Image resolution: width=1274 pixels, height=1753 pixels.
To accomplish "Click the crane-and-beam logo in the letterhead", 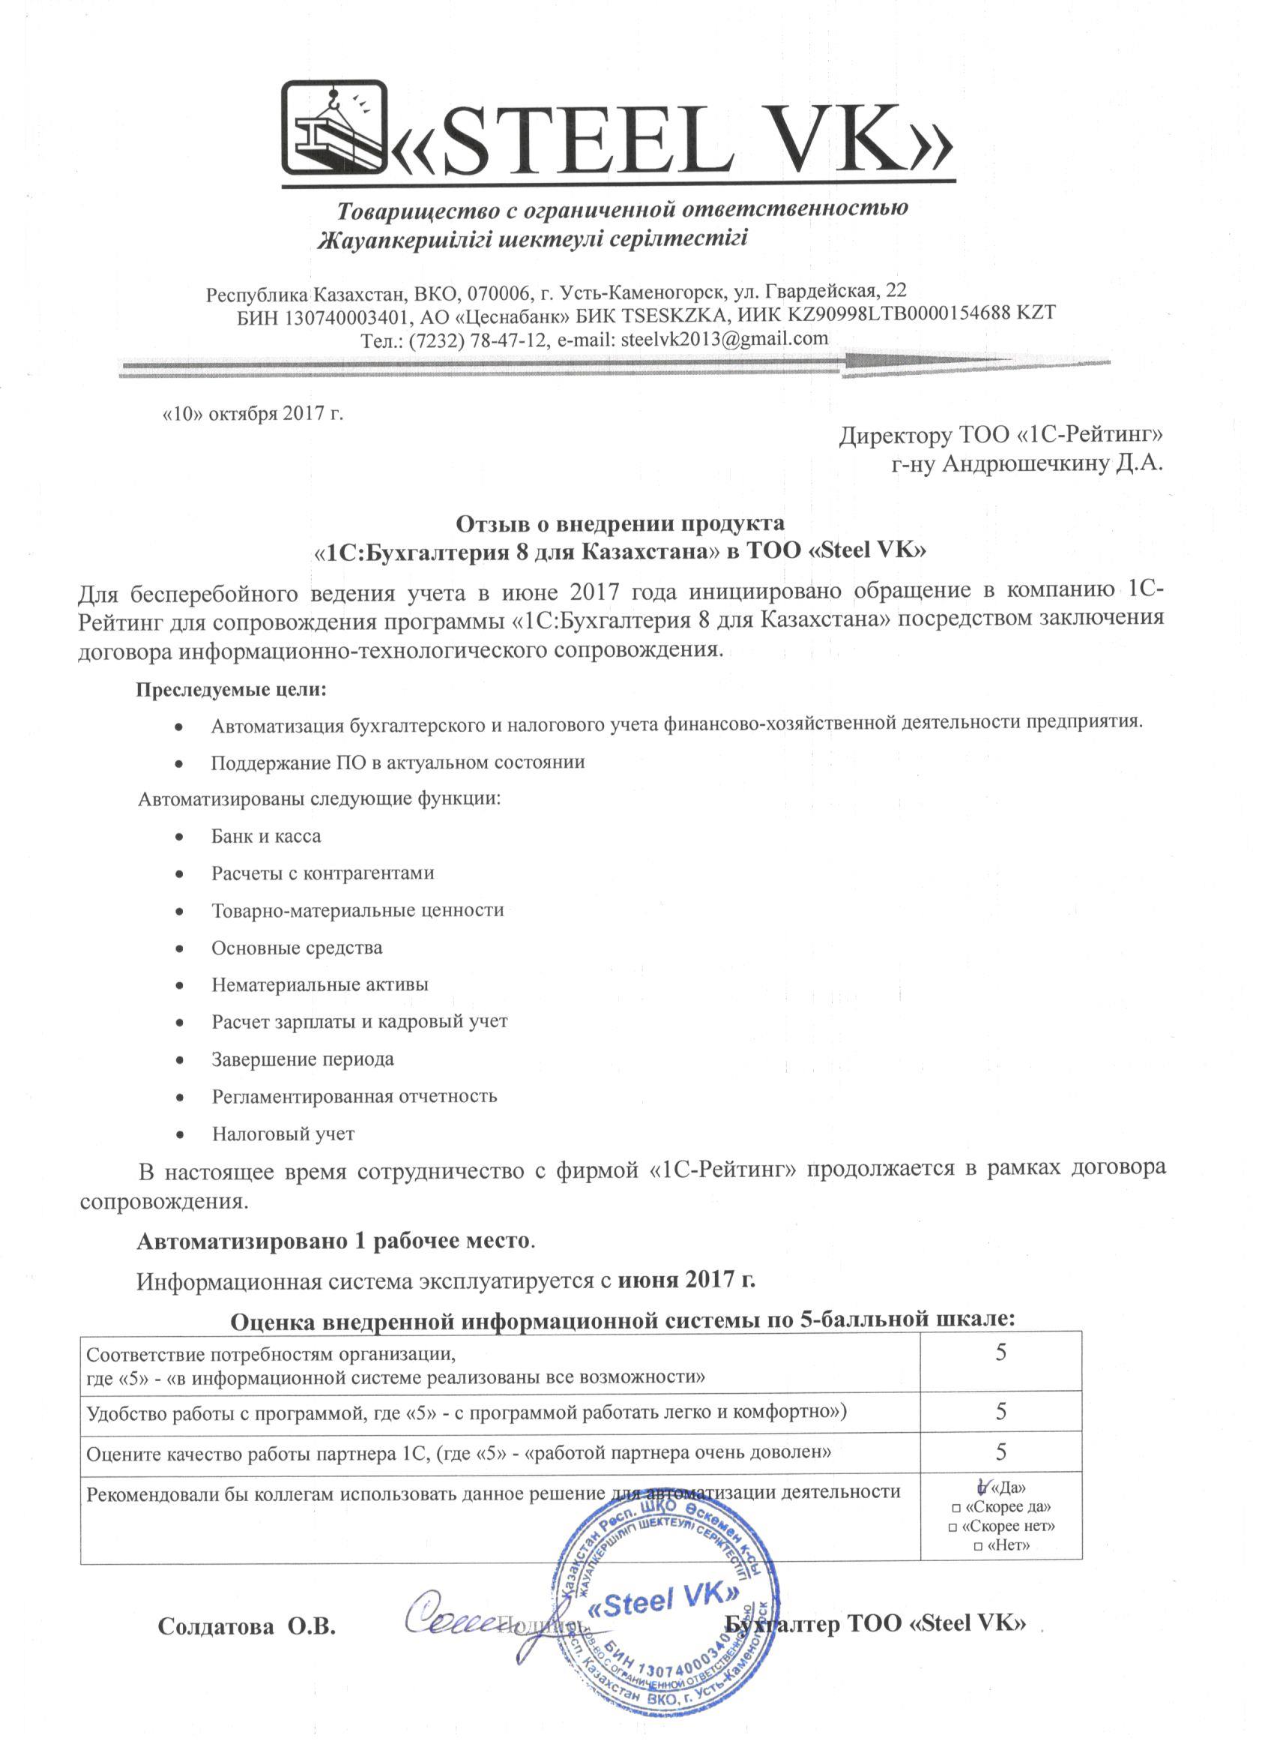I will [334, 127].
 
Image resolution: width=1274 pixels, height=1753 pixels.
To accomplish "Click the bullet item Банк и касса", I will [266, 836].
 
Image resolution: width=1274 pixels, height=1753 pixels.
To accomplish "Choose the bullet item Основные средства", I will [297, 948].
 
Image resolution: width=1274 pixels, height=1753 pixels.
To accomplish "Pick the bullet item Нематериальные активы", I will [320, 984].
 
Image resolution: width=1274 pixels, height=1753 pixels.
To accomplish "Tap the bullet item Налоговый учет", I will [283, 1134].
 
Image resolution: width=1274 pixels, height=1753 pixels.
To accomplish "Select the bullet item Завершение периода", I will [302, 1059].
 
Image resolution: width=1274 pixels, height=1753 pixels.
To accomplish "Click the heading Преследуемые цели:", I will [231, 690].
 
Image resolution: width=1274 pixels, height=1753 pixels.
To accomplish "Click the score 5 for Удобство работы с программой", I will [1000, 1411].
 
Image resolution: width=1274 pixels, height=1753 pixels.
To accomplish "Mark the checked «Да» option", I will [982, 1486].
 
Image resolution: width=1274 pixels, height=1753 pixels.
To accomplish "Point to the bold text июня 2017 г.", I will [686, 1280].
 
